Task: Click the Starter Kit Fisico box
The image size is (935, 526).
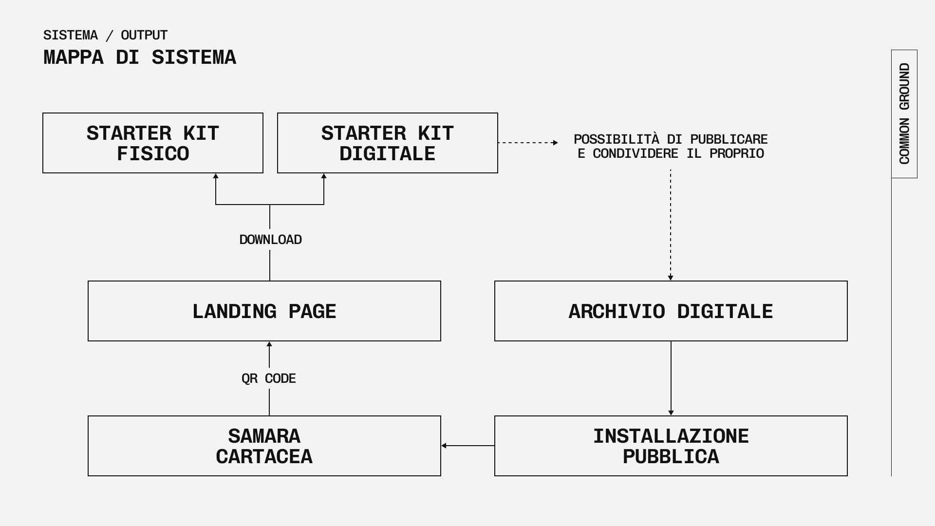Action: pyautogui.click(x=153, y=143)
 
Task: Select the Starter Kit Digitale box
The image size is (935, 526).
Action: pyautogui.click(x=388, y=143)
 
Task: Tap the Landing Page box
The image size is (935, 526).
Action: pyautogui.click(x=264, y=311)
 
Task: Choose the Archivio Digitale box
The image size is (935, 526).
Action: pyautogui.click(x=671, y=311)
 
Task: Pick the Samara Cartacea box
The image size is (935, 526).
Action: pyautogui.click(x=264, y=446)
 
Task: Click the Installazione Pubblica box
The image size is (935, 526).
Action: pyautogui.click(x=671, y=446)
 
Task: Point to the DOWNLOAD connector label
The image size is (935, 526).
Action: pyautogui.click(x=271, y=240)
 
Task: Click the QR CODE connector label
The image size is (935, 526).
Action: pyautogui.click(x=269, y=378)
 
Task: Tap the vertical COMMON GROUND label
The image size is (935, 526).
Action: pyautogui.click(x=904, y=113)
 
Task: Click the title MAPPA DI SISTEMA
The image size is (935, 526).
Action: pyautogui.click(x=140, y=57)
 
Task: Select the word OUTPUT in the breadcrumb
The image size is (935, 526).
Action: pyautogui.click(x=144, y=35)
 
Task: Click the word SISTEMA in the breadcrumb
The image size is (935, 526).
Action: pyautogui.click(x=71, y=35)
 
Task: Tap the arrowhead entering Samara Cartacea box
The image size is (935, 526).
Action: pyautogui.click(x=444, y=446)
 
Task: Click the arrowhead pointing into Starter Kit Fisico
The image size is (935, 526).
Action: pyautogui.click(x=216, y=176)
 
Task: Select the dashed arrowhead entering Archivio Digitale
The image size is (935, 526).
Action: pyautogui.click(x=671, y=278)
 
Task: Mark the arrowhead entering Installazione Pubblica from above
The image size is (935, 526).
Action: pyautogui.click(x=671, y=413)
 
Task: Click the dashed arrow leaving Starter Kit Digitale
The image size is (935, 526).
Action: pyautogui.click(x=528, y=143)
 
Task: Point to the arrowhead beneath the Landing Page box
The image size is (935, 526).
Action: pyautogui.click(x=269, y=344)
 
